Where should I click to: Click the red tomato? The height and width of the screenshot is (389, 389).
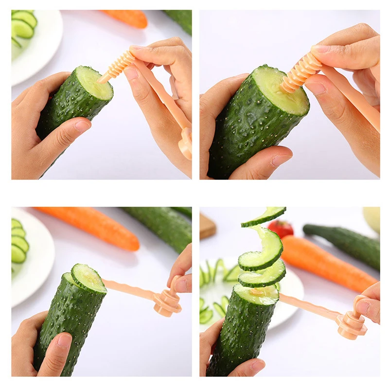point(281,228)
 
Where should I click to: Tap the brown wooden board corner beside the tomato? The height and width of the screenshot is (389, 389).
point(207,227)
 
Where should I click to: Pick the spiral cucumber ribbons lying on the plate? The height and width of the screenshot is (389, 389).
point(214,292)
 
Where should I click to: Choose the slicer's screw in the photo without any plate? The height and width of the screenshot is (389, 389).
point(301,72)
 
